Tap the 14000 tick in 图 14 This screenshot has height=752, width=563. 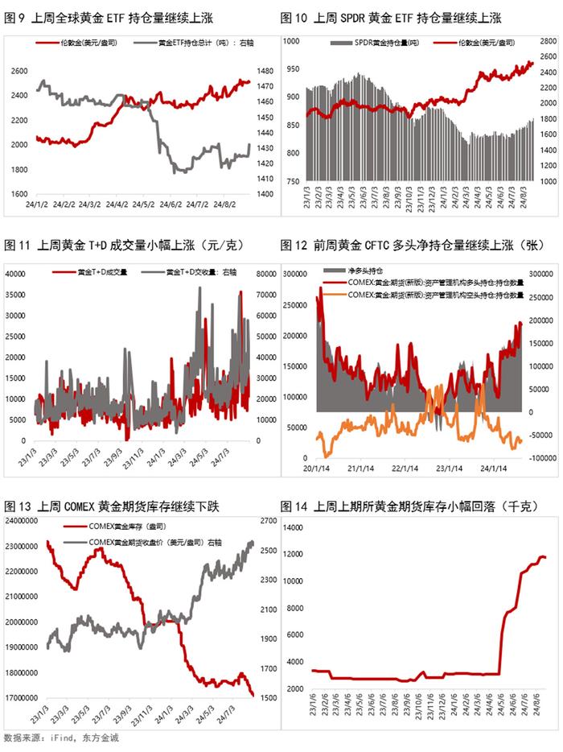pyautogui.click(x=292, y=527)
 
